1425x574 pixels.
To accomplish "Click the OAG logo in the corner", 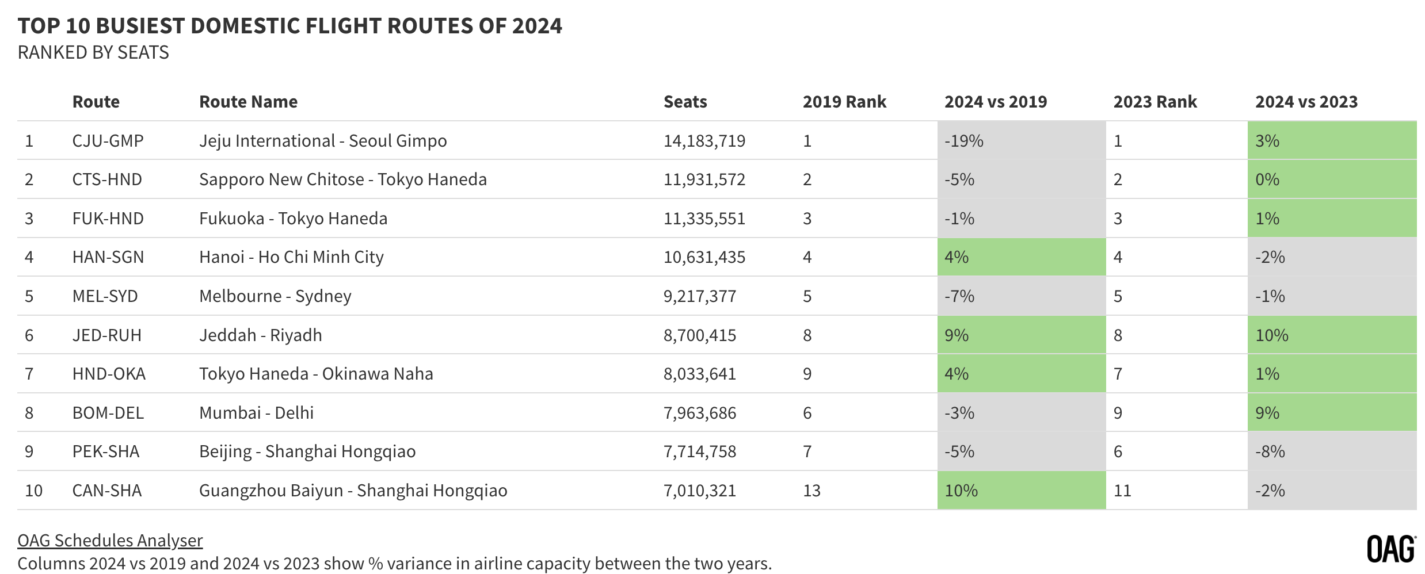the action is tap(1391, 549).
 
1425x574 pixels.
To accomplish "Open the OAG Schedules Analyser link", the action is tap(110, 541).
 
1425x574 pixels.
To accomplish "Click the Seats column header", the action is tap(685, 102).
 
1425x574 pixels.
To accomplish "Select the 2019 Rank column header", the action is tap(844, 102).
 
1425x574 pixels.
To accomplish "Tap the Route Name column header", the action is tap(248, 102).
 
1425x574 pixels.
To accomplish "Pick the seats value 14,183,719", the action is tap(704, 141).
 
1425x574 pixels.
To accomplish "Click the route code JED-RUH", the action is tap(107, 335).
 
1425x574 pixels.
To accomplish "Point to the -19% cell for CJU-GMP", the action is tap(964, 141).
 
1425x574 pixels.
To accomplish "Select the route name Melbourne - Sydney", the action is tap(275, 296).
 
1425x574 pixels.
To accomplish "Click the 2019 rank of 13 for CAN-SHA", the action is tap(811, 491).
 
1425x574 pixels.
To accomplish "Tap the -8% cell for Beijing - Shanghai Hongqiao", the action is tap(1270, 451).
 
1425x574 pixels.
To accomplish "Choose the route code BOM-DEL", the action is tap(108, 413).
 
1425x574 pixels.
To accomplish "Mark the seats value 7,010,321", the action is tap(700, 491).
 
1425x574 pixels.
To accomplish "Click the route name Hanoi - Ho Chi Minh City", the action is tap(291, 257).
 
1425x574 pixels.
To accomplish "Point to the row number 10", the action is tap(34, 491).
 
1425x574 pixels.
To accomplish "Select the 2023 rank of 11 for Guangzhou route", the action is tap(1122, 491).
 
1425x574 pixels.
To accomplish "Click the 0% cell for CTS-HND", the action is tap(1267, 179).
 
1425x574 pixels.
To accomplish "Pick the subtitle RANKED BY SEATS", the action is tap(93, 52).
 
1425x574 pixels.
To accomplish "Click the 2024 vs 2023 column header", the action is tap(1306, 102).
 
